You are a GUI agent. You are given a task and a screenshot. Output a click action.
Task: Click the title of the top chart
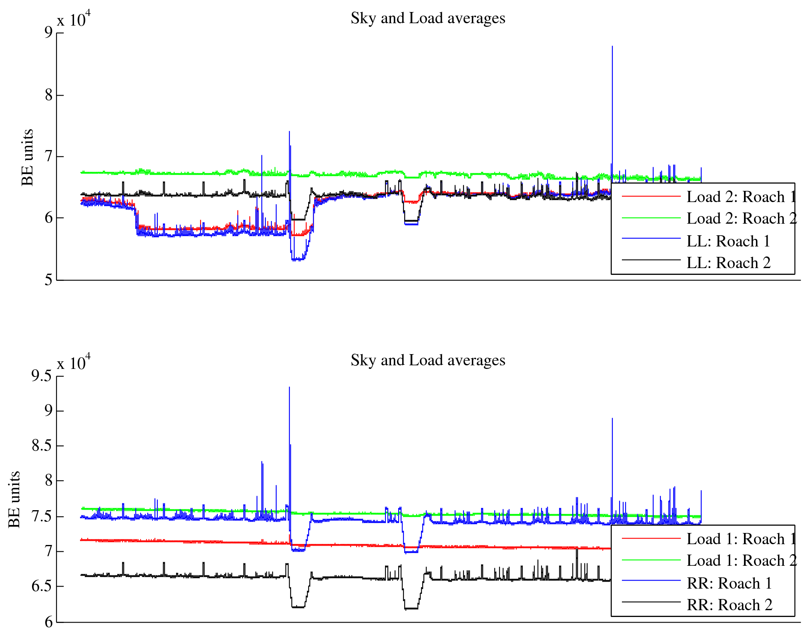[x=428, y=18]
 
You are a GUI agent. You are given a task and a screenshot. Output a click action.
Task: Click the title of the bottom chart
[x=428, y=360]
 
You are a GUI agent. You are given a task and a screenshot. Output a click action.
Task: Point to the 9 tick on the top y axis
[x=48, y=33]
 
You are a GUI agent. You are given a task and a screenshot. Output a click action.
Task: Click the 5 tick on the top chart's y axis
[x=48, y=280]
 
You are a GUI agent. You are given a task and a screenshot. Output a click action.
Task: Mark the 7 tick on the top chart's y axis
[x=48, y=156]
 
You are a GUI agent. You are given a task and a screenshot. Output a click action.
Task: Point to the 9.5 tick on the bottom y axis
[x=42, y=376]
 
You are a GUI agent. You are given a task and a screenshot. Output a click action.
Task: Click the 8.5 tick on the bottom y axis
[x=42, y=445]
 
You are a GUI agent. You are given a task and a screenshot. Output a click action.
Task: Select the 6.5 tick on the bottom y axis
[x=42, y=586]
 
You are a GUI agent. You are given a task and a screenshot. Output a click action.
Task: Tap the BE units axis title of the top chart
[x=27, y=157]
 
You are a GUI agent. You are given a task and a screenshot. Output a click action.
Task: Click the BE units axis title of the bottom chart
[x=14, y=499]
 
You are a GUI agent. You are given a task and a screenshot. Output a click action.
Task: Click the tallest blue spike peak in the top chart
[x=612, y=46]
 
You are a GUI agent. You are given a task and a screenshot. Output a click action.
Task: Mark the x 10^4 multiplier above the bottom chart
[x=74, y=363]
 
